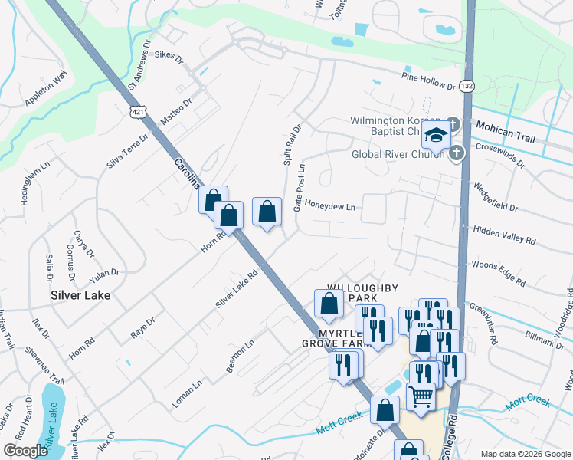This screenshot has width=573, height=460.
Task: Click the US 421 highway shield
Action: [x=137, y=112]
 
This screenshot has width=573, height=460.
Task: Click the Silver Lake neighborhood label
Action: [x=80, y=294]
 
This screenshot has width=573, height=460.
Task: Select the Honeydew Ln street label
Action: [x=330, y=207]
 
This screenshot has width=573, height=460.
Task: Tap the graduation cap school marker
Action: [x=435, y=136]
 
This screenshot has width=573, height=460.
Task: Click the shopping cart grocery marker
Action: [x=420, y=396]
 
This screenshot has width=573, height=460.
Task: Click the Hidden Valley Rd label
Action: [x=504, y=235]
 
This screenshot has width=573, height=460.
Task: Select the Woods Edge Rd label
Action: [x=499, y=274]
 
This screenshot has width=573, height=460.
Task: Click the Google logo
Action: [x=25, y=450]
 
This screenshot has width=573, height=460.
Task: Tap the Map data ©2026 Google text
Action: [x=525, y=453]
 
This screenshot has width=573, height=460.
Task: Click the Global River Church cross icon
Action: [x=457, y=153]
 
